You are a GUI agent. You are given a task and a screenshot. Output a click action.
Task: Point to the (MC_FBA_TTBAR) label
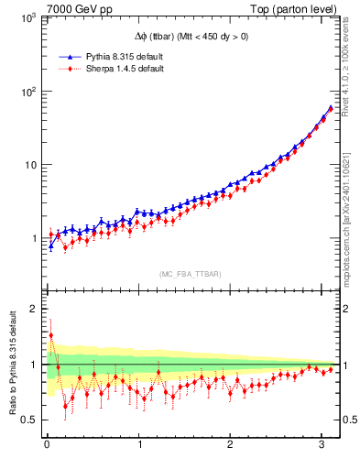point(190,274)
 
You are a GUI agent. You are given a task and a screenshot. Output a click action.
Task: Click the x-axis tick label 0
point(47,446)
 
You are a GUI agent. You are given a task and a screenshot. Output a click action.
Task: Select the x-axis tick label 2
point(231,446)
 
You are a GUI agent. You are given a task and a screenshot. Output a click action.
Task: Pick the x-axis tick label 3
point(322,446)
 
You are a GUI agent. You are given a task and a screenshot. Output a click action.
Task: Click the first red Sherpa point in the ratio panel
point(51,336)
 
